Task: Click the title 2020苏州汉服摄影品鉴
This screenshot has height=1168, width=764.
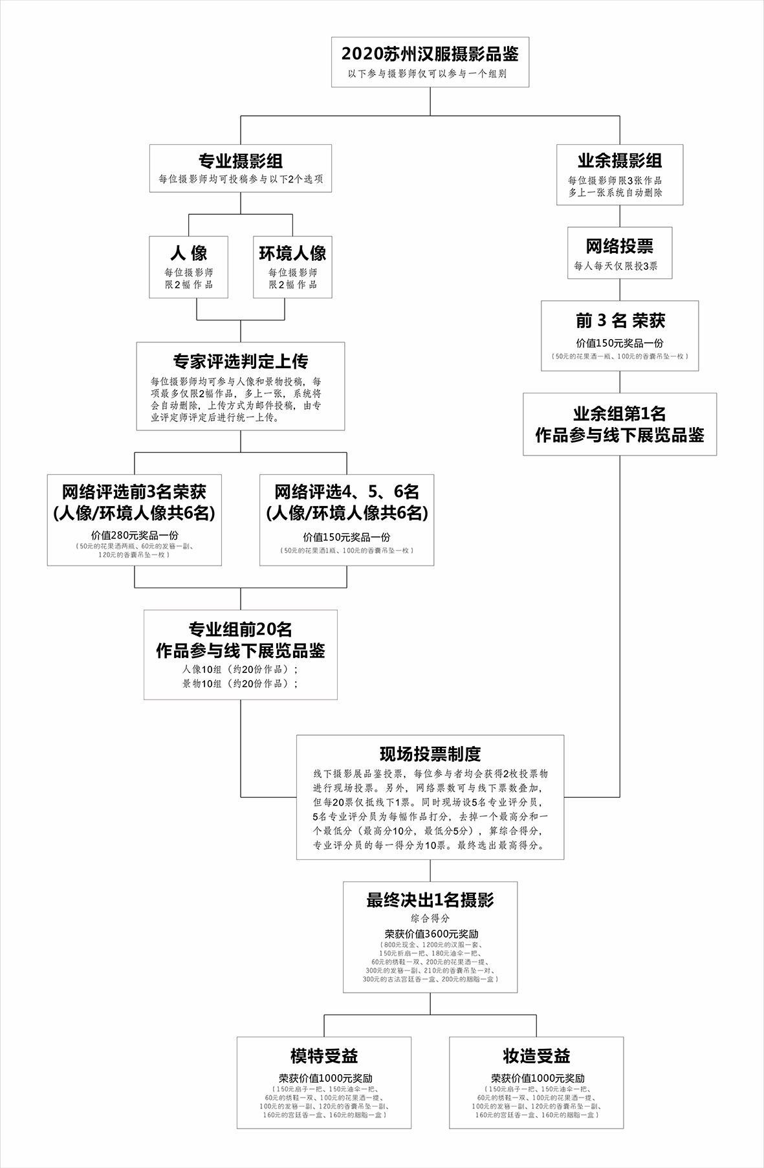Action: [430, 54]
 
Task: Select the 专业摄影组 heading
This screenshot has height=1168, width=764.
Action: [240, 161]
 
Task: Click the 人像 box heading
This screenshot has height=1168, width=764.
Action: [188, 253]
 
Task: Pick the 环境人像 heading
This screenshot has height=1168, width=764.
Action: [292, 253]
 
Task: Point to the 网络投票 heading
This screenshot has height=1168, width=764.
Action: [619, 246]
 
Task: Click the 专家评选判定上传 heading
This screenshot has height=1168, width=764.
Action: [240, 361]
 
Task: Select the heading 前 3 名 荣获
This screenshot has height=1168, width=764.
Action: [620, 321]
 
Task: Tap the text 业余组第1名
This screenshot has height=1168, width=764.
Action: [619, 413]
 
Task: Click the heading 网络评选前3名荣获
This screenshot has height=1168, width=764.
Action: [134, 492]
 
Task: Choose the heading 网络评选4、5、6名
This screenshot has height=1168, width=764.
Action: [347, 492]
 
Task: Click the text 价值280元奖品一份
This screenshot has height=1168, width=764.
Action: [135, 535]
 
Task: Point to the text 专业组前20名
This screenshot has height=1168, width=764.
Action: [240, 629]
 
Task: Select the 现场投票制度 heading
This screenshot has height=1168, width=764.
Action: [430, 754]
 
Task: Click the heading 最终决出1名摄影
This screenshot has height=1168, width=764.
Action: [430, 900]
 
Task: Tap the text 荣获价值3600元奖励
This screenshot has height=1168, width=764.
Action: [430, 934]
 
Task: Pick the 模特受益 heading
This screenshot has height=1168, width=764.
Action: [323, 1056]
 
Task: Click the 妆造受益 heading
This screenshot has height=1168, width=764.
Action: [536, 1056]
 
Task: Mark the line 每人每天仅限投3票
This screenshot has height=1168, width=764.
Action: [619, 266]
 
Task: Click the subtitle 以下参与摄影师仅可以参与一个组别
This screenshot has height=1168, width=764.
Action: [430, 74]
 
